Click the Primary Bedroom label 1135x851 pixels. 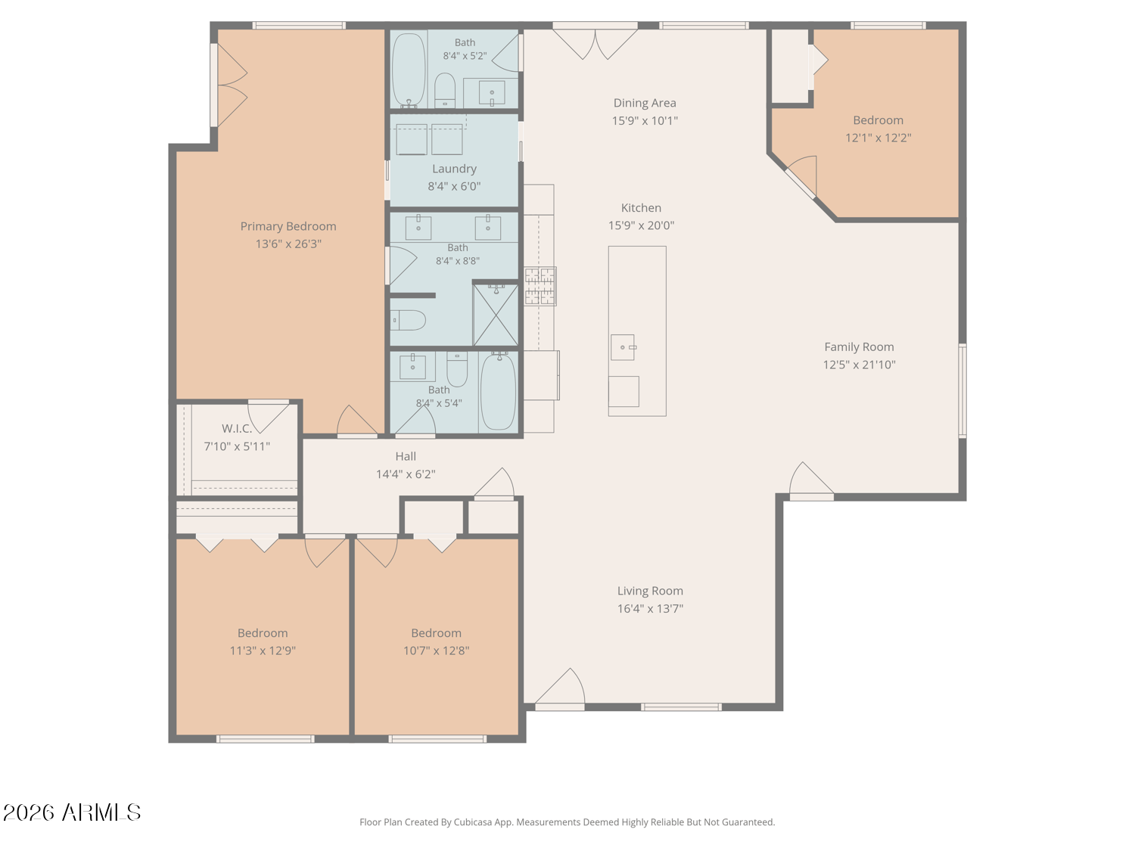(288, 226)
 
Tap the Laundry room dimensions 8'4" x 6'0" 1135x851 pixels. (454, 186)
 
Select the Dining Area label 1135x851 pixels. (644, 103)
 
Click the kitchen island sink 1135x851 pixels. (623, 347)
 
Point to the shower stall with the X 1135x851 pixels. (496, 315)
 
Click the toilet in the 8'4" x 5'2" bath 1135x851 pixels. (445, 91)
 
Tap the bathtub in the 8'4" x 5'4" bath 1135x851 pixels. (498, 391)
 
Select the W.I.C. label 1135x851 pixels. (237, 428)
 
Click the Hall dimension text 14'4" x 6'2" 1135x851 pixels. (406, 474)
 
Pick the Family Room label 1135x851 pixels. (859, 346)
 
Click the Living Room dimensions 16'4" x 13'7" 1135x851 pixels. (650, 608)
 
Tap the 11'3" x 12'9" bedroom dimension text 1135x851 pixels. (263, 650)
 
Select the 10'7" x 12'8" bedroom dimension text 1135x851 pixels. (436, 650)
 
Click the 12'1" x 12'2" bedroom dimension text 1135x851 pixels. (878, 138)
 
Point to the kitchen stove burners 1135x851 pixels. (540, 286)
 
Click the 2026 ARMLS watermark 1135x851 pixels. (72, 812)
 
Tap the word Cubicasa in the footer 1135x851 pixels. (473, 822)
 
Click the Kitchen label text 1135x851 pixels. (641, 208)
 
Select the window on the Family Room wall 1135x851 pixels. (962, 390)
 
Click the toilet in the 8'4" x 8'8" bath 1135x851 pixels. (408, 320)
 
